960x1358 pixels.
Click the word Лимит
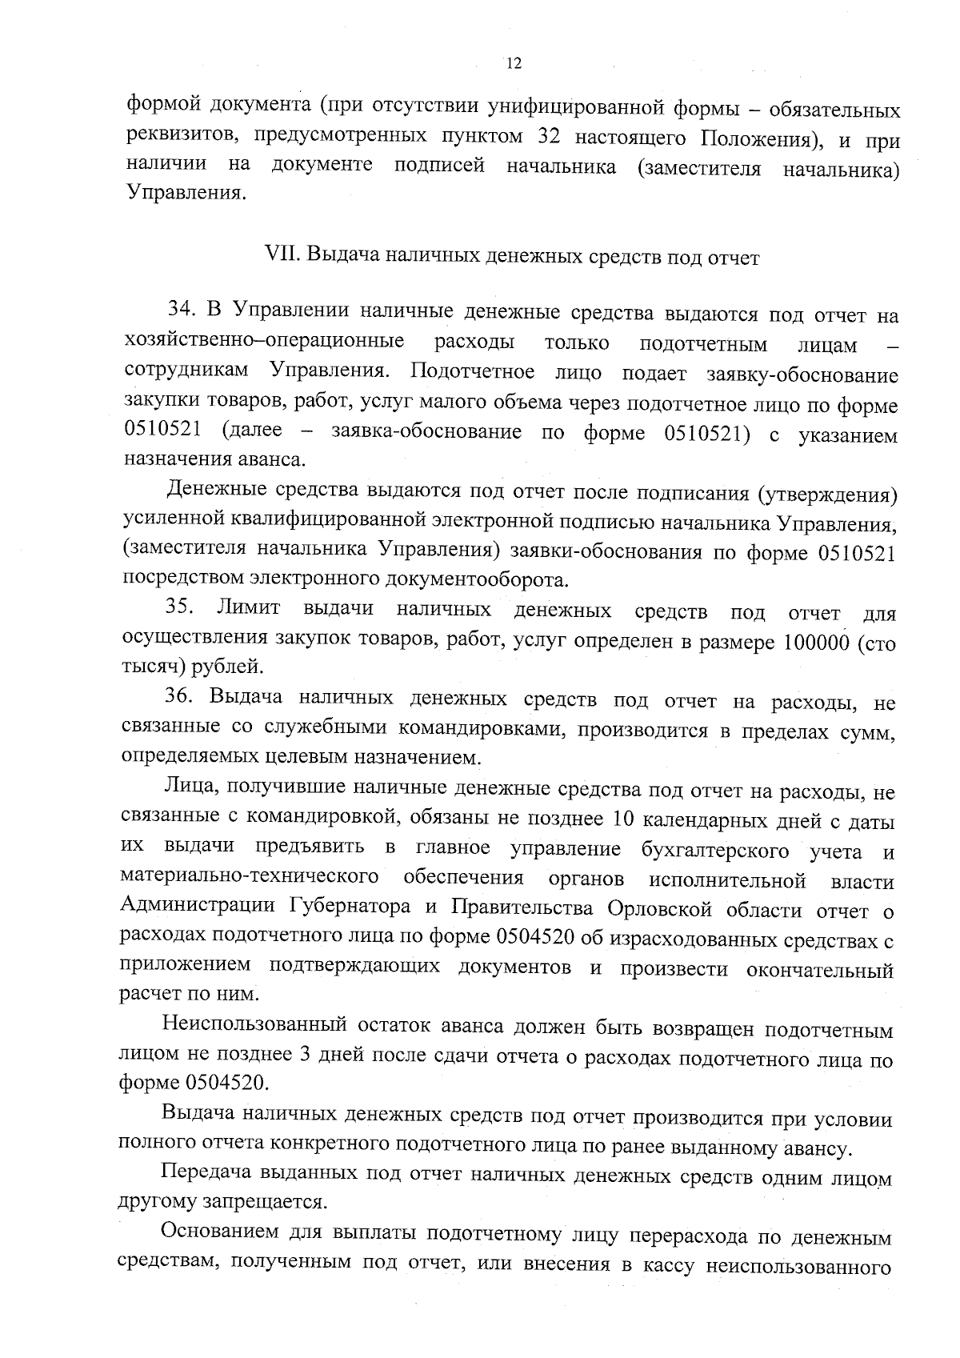pyautogui.click(x=248, y=608)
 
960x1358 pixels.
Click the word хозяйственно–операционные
pyautogui.click(x=264, y=343)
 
